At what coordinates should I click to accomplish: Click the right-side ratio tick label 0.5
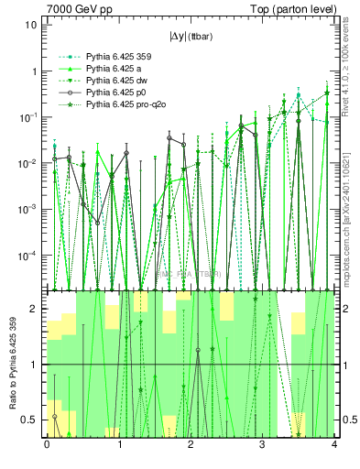347,420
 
